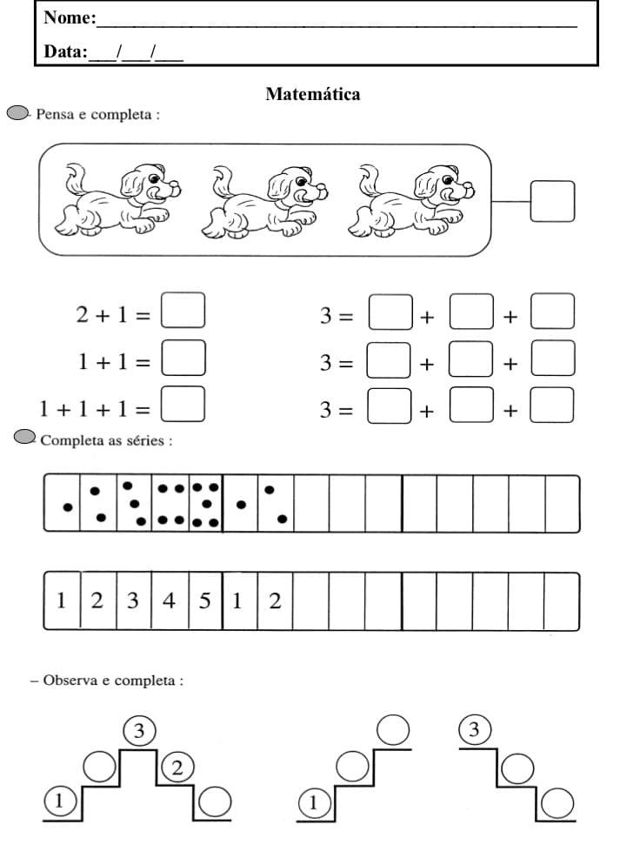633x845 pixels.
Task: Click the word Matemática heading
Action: pos(312,94)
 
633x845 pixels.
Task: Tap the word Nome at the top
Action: pos(67,18)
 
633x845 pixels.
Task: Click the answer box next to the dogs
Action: pos(552,201)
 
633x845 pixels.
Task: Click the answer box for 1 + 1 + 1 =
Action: pos(183,404)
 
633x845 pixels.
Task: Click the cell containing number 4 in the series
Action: pos(169,600)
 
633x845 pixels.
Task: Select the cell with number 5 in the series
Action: pos(204,600)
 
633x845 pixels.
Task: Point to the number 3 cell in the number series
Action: pos(133,600)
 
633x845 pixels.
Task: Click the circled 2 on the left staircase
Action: pos(177,768)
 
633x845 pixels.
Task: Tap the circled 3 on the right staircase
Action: pos(474,730)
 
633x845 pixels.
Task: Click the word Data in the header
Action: pos(64,52)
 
